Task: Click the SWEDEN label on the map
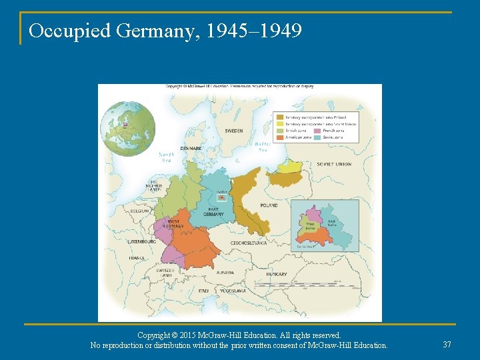click(233, 131)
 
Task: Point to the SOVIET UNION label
click(334, 164)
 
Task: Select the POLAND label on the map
click(269, 205)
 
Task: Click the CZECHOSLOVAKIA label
click(249, 243)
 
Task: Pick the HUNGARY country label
click(276, 274)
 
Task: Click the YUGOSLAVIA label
click(232, 291)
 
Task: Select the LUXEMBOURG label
click(142, 241)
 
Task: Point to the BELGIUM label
click(140, 210)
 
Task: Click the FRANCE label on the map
click(137, 257)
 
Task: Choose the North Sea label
click(167, 157)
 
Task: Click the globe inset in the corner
click(128, 128)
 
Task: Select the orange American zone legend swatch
click(280, 137)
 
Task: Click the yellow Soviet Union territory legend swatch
click(280, 124)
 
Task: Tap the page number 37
click(447, 344)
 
